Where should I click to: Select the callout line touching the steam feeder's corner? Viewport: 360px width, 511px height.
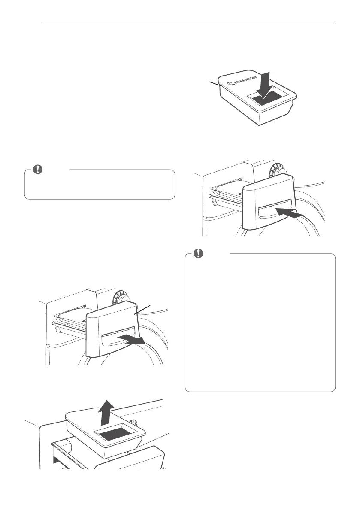click(x=215, y=83)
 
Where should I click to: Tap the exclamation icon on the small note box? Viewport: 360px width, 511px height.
click(x=39, y=170)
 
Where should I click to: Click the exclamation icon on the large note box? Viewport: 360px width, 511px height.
click(x=198, y=254)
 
